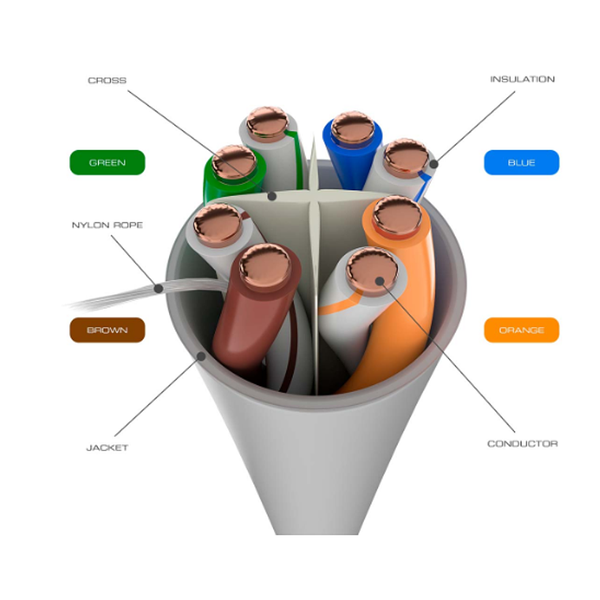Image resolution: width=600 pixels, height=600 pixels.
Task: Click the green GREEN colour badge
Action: pyautogui.click(x=107, y=163)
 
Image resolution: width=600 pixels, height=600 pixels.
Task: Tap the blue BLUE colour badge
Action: pyautogui.click(x=521, y=163)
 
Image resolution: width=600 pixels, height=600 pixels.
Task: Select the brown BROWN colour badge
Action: pyautogui.click(x=107, y=330)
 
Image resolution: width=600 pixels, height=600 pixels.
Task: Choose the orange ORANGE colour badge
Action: pyautogui.click(x=521, y=330)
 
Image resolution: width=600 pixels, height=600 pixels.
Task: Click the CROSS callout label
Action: pyautogui.click(x=107, y=81)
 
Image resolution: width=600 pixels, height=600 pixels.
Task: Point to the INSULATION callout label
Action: pyautogui.click(x=522, y=79)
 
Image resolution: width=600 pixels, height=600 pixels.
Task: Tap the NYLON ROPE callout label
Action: pyautogui.click(x=107, y=225)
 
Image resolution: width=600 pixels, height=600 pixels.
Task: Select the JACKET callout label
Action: pyautogui.click(x=107, y=448)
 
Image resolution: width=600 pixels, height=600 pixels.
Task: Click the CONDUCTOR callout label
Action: pyautogui.click(x=522, y=444)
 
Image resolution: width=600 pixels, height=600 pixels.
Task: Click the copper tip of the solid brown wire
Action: pyautogui.click(x=264, y=265)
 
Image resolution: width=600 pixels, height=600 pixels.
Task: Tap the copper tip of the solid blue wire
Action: pyautogui.click(x=352, y=128)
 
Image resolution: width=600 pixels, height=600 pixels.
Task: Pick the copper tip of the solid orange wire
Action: pyautogui.click(x=397, y=215)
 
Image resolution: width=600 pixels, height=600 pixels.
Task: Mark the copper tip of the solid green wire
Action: pyautogui.click(x=234, y=163)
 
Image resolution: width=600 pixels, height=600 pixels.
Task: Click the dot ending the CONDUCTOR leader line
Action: pyautogui.click(x=380, y=279)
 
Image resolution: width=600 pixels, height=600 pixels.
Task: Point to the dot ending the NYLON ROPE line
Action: pyautogui.click(x=159, y=289)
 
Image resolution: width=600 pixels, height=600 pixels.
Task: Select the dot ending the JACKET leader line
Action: pyautogui.click(x=201, y=356)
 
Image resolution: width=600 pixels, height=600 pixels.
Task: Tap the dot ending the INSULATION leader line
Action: pyautogui.click(x=433, y=163)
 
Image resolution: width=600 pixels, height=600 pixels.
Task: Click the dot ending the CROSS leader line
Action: pyautogui.click(x=271, y=194)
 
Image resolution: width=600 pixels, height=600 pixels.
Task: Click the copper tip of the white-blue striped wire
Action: pyautogui.click(x=407, y=156)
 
